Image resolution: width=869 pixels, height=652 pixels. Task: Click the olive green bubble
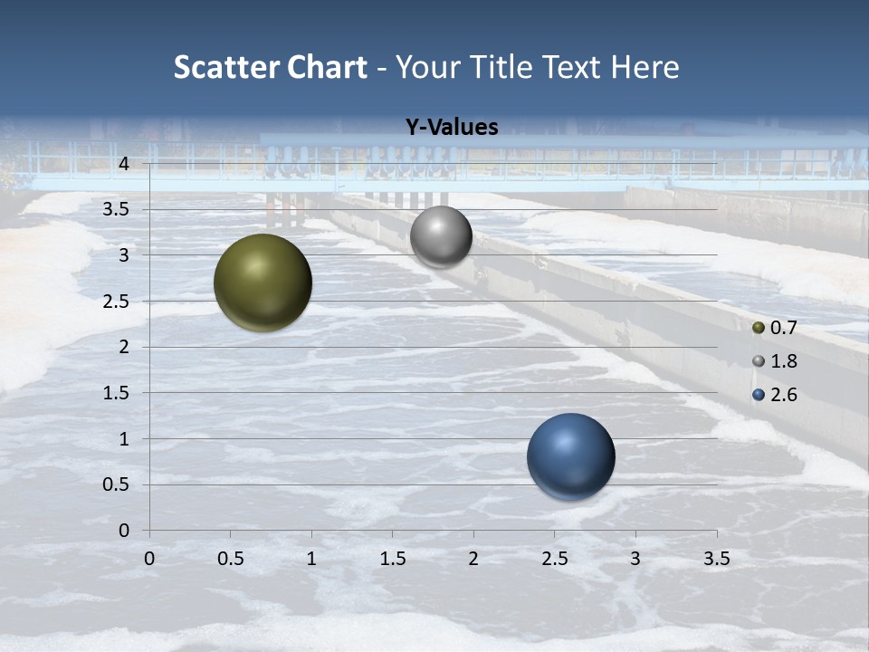[x=263, y=283]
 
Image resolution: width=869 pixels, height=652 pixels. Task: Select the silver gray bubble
[x=441, y=236]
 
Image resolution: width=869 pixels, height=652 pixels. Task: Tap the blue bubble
[x=570, y=456]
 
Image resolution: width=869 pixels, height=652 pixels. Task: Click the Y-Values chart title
[x=452, y=128]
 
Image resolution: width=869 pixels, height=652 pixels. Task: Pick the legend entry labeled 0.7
[x=775, y=328]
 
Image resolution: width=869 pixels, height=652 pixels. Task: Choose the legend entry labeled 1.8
[x=775, y=361]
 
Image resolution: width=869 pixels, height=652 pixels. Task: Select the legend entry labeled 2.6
[x=775, y=395]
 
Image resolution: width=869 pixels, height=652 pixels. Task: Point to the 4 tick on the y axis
[x=124, y=164]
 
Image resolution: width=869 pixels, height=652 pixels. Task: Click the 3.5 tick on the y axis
[x=117, y=210]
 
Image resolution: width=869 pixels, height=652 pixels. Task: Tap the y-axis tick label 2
[x=124, y=347]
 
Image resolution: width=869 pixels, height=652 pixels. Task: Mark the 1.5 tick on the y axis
[x=117, y=393]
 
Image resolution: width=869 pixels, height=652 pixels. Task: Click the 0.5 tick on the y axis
[x=117, y=484]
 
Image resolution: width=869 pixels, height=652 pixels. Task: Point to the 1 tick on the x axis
[x=311, y=559]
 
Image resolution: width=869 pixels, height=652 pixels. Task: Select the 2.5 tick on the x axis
[x=554, y=559]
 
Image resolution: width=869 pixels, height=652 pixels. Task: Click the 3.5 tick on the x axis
[x=716, y=559]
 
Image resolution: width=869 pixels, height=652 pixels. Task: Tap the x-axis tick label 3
[x=635, y=559]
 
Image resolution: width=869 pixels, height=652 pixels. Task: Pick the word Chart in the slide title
[x=328, y=67]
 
